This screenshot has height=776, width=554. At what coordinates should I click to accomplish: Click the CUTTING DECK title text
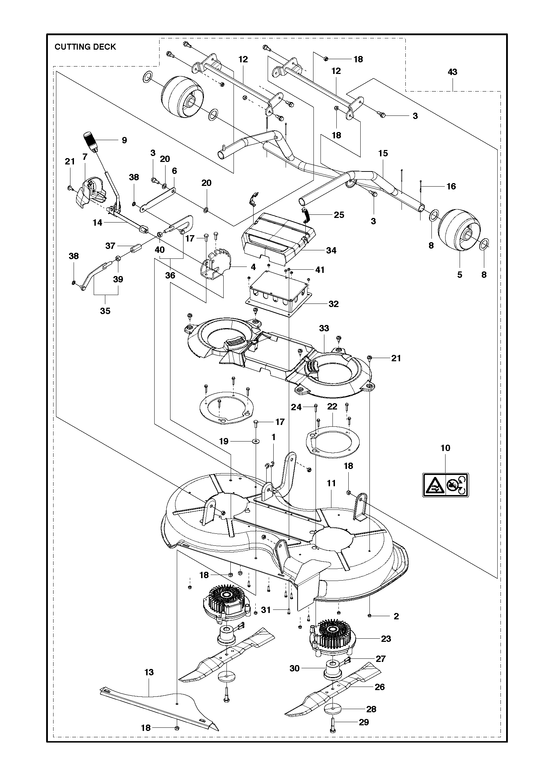click(x=85, y=47)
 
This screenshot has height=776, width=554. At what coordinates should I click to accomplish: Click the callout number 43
click(x=452, y=72)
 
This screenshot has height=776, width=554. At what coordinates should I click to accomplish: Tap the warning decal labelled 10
click(x=446, y=485)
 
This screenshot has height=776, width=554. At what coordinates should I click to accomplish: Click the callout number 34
click(x=331, y=250)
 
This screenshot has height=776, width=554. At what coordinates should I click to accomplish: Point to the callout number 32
click(x=333, y=304)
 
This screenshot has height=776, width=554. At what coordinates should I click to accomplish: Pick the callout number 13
click(x=149, y=672)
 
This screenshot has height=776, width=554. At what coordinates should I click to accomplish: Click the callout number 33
click(x=324, y=328)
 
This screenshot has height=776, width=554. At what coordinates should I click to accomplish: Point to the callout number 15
click(x=383, y=154)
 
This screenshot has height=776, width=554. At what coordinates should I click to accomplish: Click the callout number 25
click(x=339, y=215)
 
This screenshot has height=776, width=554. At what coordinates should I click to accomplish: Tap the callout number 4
click(x=253, y=267)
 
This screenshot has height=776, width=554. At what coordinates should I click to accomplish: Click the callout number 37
click(x=110, y=246)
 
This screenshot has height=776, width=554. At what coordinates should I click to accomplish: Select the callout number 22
click(x=332, y=407)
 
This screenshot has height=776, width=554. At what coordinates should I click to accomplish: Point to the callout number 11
click(x=331, y=483)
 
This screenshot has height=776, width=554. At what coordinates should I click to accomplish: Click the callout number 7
click(x=85, y=157)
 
